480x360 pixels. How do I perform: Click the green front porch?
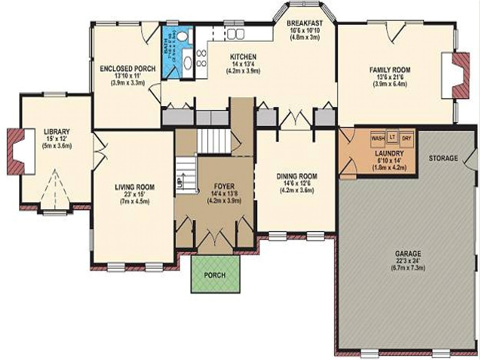[215, 274]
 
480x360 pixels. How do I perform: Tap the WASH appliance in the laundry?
[378, 138]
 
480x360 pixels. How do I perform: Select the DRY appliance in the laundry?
[406, 138]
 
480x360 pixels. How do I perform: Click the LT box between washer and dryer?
[392, 137]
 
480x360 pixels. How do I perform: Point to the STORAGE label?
[443, 158]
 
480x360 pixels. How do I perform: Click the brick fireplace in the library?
[17, 151]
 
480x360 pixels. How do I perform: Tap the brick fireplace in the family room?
[461, 75]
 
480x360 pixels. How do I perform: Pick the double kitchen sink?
[234, 34]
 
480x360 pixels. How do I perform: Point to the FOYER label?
[224, 186]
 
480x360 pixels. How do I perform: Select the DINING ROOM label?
[297, 176]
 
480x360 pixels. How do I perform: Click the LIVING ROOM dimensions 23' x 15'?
[135, 194]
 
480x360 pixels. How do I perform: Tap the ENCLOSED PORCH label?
[127, 69]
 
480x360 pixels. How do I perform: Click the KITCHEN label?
[243, 57]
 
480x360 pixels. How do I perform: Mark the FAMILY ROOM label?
[390, 70]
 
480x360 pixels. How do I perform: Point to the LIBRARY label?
[57, 132]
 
